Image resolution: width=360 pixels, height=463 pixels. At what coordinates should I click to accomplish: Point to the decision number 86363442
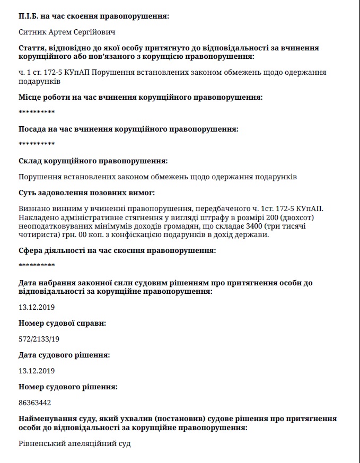tap(35, 403)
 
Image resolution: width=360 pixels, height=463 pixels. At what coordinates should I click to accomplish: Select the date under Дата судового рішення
tap(37, 371)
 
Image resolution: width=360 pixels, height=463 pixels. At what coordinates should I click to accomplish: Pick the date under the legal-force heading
tap(37, 307)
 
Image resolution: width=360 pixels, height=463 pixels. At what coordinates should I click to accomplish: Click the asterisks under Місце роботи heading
tap(37, 112)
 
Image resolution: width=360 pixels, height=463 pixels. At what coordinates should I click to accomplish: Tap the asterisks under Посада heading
tap(37, 144)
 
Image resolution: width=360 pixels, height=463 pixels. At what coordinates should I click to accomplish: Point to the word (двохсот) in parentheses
tap(295, 218)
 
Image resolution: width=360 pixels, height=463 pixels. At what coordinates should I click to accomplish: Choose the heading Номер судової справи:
tap(62, 323)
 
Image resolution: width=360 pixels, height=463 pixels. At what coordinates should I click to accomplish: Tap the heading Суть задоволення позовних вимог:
tap(87, 193)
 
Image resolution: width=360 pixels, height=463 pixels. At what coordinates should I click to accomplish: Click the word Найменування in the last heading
tap(46, 419)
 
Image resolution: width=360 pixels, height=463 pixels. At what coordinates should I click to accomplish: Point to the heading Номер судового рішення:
tap(68, 387)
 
